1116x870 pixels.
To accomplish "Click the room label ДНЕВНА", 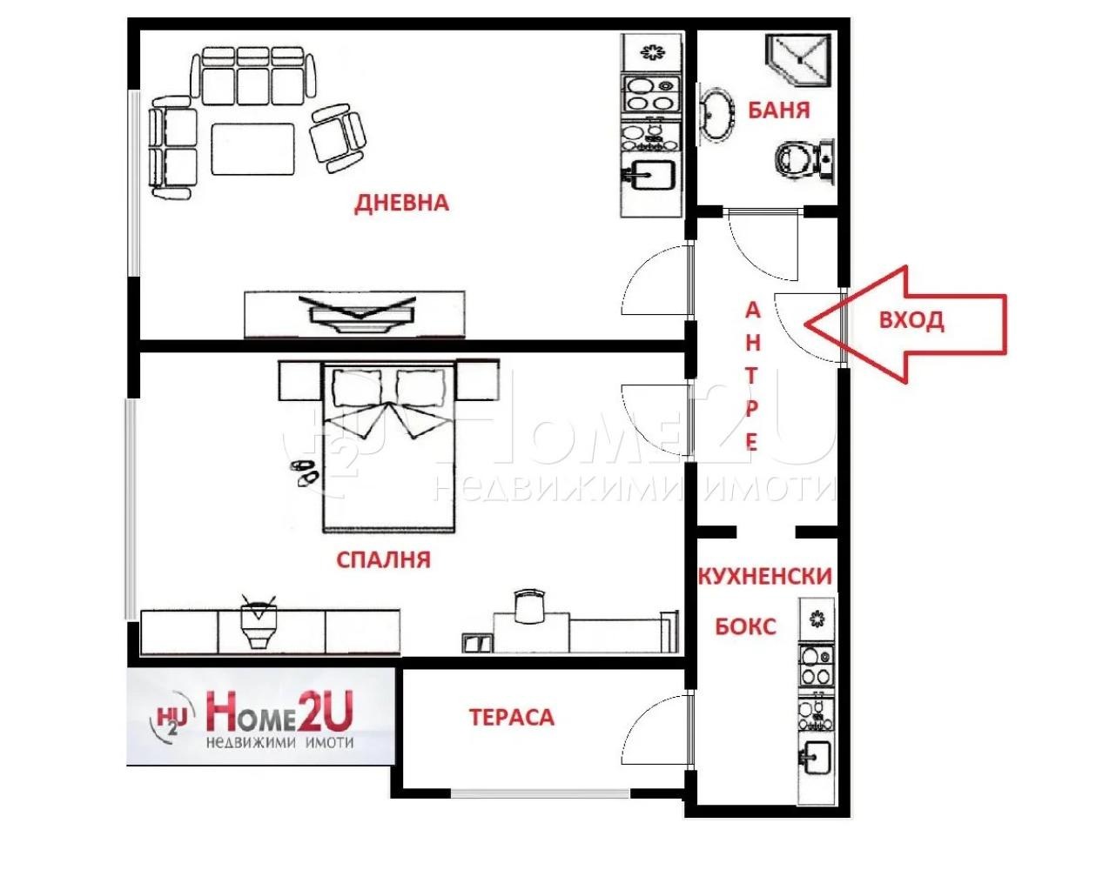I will (x=401, y=203).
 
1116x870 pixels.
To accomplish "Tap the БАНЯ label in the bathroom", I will (x=778, y=110).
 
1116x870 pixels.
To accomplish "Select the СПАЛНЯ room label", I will (x=383, y=559).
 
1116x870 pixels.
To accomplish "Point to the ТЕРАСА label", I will (x=511, y=717).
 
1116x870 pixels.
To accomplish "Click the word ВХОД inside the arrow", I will (x=911, y=320).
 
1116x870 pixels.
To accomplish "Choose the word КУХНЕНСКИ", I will (x=764, y=576).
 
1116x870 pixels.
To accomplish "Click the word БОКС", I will (x=744, y=626).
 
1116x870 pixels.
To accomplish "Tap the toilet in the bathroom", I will (x=802, y=160).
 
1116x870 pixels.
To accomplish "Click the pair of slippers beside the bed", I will (x=302, y=472).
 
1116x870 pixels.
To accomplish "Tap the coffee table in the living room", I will (x=253, y=150).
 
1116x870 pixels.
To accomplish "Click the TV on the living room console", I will (x=356, y=311).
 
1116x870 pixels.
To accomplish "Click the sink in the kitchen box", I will (x=817, y=756).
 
